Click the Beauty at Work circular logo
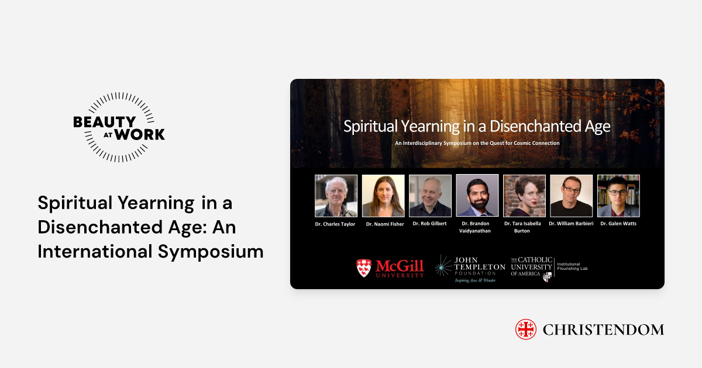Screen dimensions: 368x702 pyautogui.click(x=119, y=127)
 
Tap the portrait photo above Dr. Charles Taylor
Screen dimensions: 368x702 pyautogui.click(x=336, y=196)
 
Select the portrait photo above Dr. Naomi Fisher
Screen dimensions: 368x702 pyautogui.click(x=383, y=196)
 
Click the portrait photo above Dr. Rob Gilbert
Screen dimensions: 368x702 pyautogui.click(x=430, y=196)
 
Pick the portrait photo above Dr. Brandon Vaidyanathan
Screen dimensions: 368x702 pyautogui.click(x=477, y=196)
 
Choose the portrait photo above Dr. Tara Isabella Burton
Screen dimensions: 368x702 pyautogui.click(x=524, y=196)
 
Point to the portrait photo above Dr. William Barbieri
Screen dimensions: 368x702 pyautogui.click(x=572, y=196)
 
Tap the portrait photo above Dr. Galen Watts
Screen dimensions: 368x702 pyautogui.click(x=618, y=196)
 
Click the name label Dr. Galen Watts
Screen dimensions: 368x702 pyautogui.click(x=618, y=224)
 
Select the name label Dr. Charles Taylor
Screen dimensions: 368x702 pyautogui.click(x=336, y=224)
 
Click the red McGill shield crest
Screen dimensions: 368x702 pyautogui.click(x=363, y=268)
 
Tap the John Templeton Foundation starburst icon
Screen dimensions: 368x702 pyautogui.click(x=443, y=266)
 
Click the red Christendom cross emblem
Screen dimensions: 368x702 pyautogui.click(x=526, y=329)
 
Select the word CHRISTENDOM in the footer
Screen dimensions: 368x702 pyautogui.click(x=603, y=330)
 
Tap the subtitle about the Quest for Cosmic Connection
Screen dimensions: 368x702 pyautogui.click(x=477, y=143)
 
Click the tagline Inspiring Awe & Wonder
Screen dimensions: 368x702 pyautogui.click(x=475, y=280)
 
